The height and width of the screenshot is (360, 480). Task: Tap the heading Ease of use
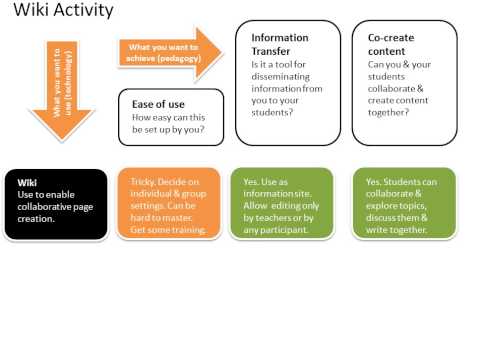[x=158, y=102]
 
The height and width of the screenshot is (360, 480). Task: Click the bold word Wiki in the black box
[x=27, y=182]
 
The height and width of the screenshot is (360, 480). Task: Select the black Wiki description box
[x=55, y=205]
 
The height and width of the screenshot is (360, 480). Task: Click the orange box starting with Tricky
[x=169, y=205]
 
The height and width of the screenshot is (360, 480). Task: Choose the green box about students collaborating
[x=403, y=205]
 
